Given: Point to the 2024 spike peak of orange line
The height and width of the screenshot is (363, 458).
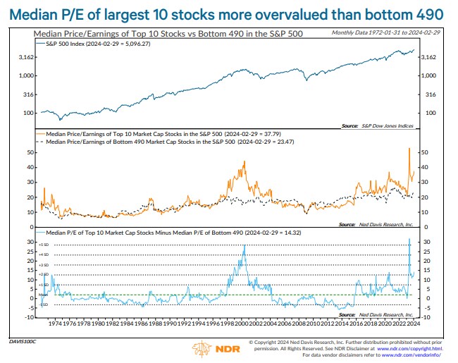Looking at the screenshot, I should (x=409, y=148).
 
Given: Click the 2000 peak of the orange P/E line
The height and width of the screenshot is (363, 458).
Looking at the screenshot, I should (x=244, y=162).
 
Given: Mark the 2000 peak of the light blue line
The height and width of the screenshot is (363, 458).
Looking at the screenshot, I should (x=244, y=245).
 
